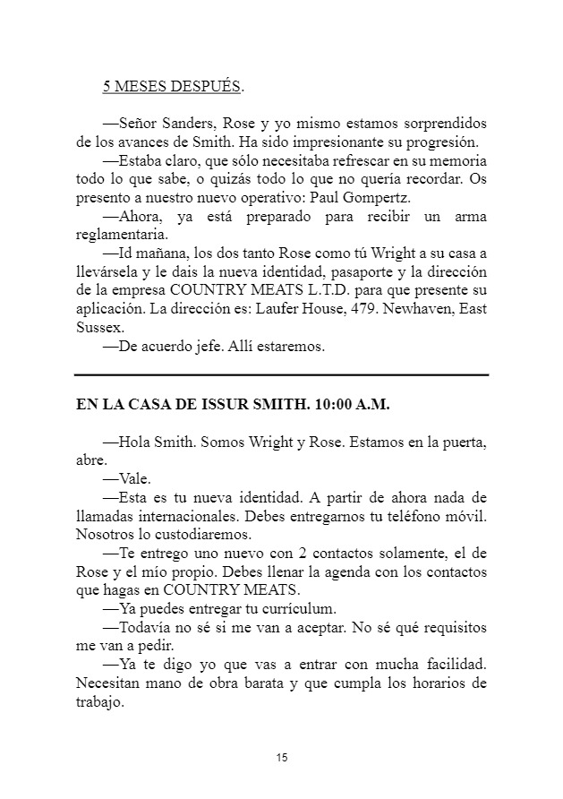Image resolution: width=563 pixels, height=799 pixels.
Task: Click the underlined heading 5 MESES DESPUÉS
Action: [174, 87]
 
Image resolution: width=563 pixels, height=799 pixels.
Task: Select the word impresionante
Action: [345, 142]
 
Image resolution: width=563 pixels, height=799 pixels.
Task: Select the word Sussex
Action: [99, 329]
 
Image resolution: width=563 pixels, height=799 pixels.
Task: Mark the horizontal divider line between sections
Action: [281, 374]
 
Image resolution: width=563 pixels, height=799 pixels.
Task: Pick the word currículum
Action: [295, 610]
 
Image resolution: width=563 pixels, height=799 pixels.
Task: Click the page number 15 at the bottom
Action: [281, 759]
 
